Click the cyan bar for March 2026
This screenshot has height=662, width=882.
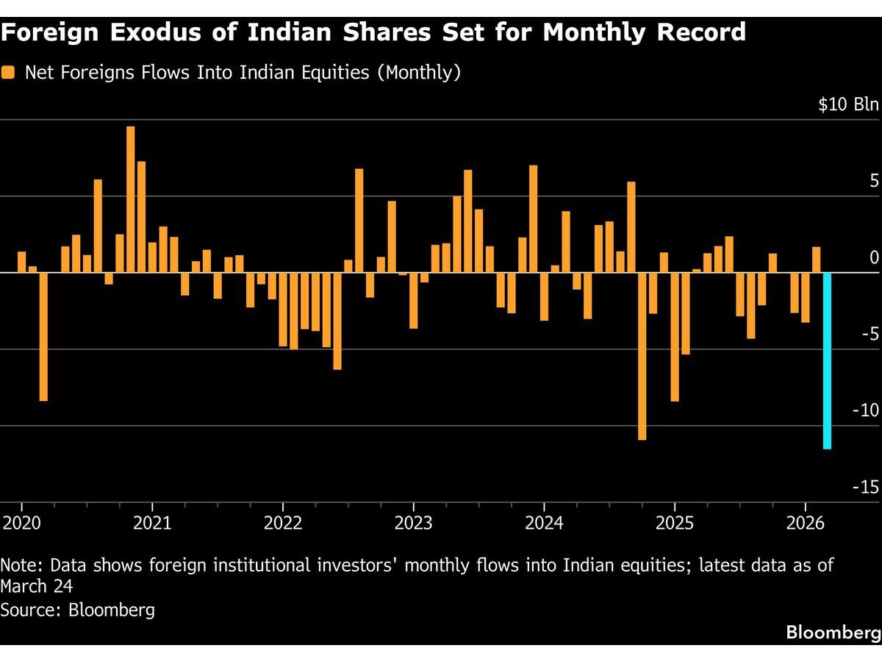point(827,360)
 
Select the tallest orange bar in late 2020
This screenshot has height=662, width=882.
point(131,199)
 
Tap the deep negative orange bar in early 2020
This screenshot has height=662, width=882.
point(43,337)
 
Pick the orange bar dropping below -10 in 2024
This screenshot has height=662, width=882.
point(642,356)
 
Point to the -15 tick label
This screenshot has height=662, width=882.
point(865,487)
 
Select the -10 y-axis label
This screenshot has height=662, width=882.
point(865,410)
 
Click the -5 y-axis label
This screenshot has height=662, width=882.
point(869,334)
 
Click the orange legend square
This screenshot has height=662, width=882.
point(9,73)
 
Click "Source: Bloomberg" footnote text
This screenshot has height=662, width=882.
point(78,610)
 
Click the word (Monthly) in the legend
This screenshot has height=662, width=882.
point(418,73)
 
